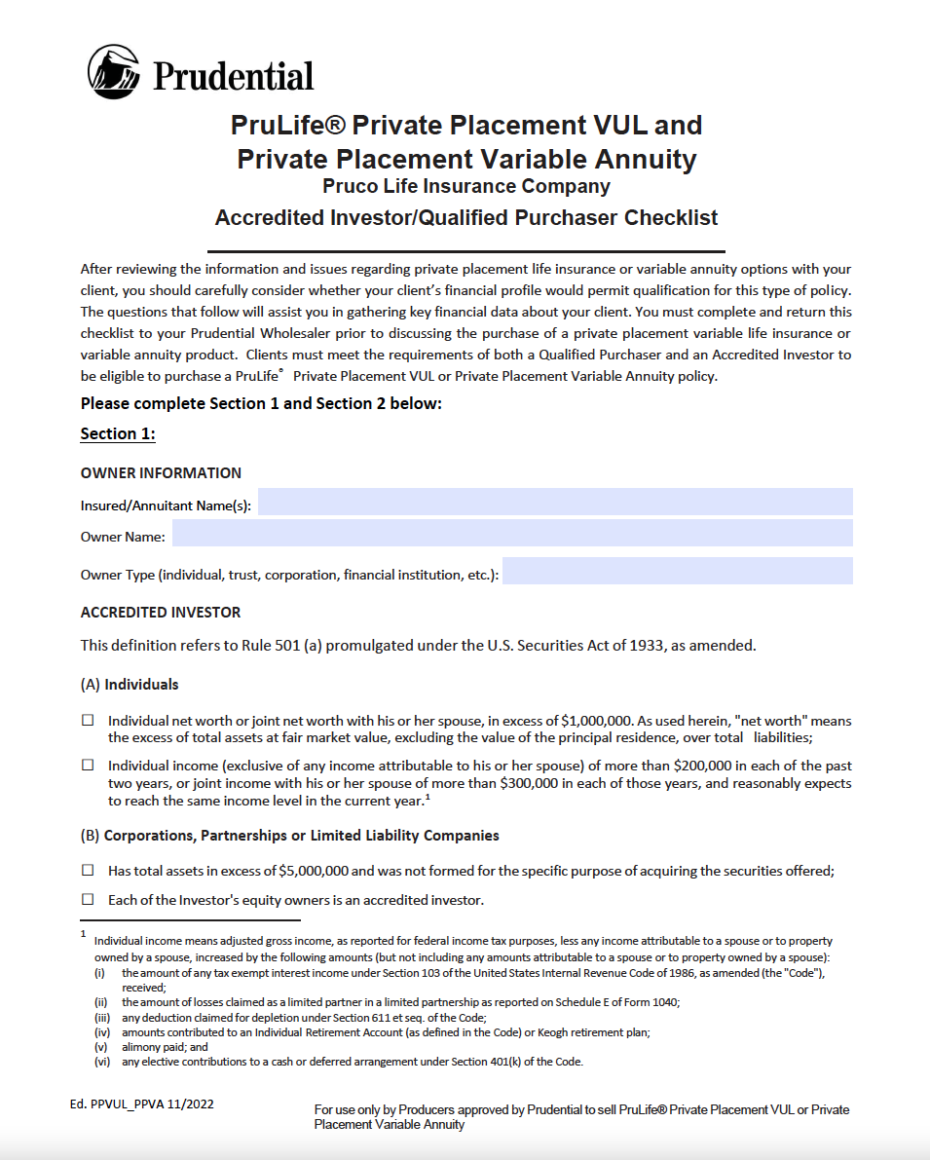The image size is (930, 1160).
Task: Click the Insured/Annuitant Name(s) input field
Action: (x=555, y=503)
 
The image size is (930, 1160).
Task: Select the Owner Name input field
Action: (x=512, y=534)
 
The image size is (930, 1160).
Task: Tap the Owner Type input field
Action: (x=677, y=572)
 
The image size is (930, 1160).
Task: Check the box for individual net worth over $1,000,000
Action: (x=88, y=721)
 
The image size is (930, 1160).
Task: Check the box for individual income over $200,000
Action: (x=88, y=766)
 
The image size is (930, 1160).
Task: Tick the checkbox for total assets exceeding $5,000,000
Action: (x=88, y=870)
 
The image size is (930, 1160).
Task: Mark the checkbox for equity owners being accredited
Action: (x=88, y=899)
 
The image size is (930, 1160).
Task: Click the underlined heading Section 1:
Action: (x=118, y=434)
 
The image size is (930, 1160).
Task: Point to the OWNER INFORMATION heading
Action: (x=161, y=473)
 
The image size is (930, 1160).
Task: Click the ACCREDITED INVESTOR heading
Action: (x=161, y=613)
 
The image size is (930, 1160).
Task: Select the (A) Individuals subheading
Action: (x=130, y=685)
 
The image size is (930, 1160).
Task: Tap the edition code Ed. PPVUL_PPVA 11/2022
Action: (x=142, y=1104)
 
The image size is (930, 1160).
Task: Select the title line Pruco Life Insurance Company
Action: (x=466, y=186)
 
